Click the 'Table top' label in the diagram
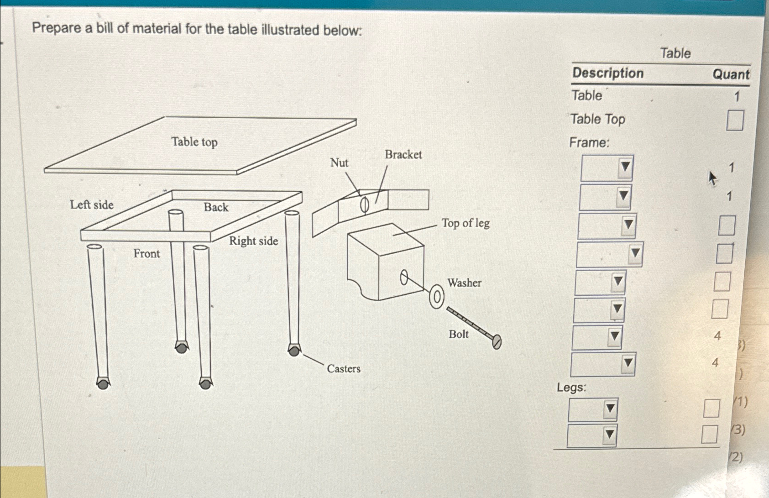(194, 142)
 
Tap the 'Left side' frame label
(92, 204)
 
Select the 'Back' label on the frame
(216, 207)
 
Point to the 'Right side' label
(253, 241)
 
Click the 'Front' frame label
(146, 253)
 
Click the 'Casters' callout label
(343, 368)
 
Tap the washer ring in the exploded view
(437, 297)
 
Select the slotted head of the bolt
(497, 341)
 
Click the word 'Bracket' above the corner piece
(403, 155)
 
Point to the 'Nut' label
(339, 163)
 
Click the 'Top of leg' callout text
(466, 223)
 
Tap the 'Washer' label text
(464, 283)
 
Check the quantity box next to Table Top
(735, 121)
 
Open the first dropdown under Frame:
(607, 168)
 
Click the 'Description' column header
(608, 73)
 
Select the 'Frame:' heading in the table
(589, 142)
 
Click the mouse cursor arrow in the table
(712, 178)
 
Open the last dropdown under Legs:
(592, 435)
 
